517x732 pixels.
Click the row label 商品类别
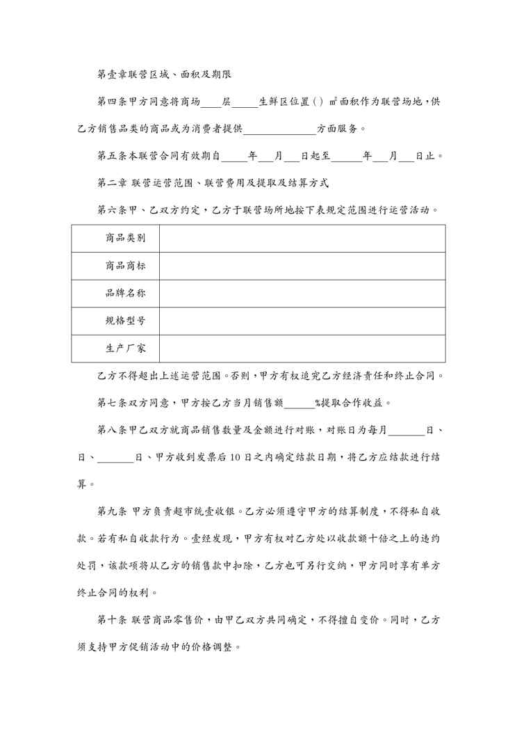[x=125, y=238]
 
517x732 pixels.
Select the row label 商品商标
[x=125, y=266]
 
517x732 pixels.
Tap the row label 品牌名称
[x=125, y=294]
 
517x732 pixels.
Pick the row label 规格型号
[x=125, y=321]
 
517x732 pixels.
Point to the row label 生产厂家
[x=125, y=349]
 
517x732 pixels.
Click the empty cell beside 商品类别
[x=302, y=238]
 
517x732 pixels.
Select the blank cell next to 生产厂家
[x=302, y=349]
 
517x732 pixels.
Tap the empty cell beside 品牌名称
[x=302, y=294]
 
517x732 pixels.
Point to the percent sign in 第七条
[x=318, y=402]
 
